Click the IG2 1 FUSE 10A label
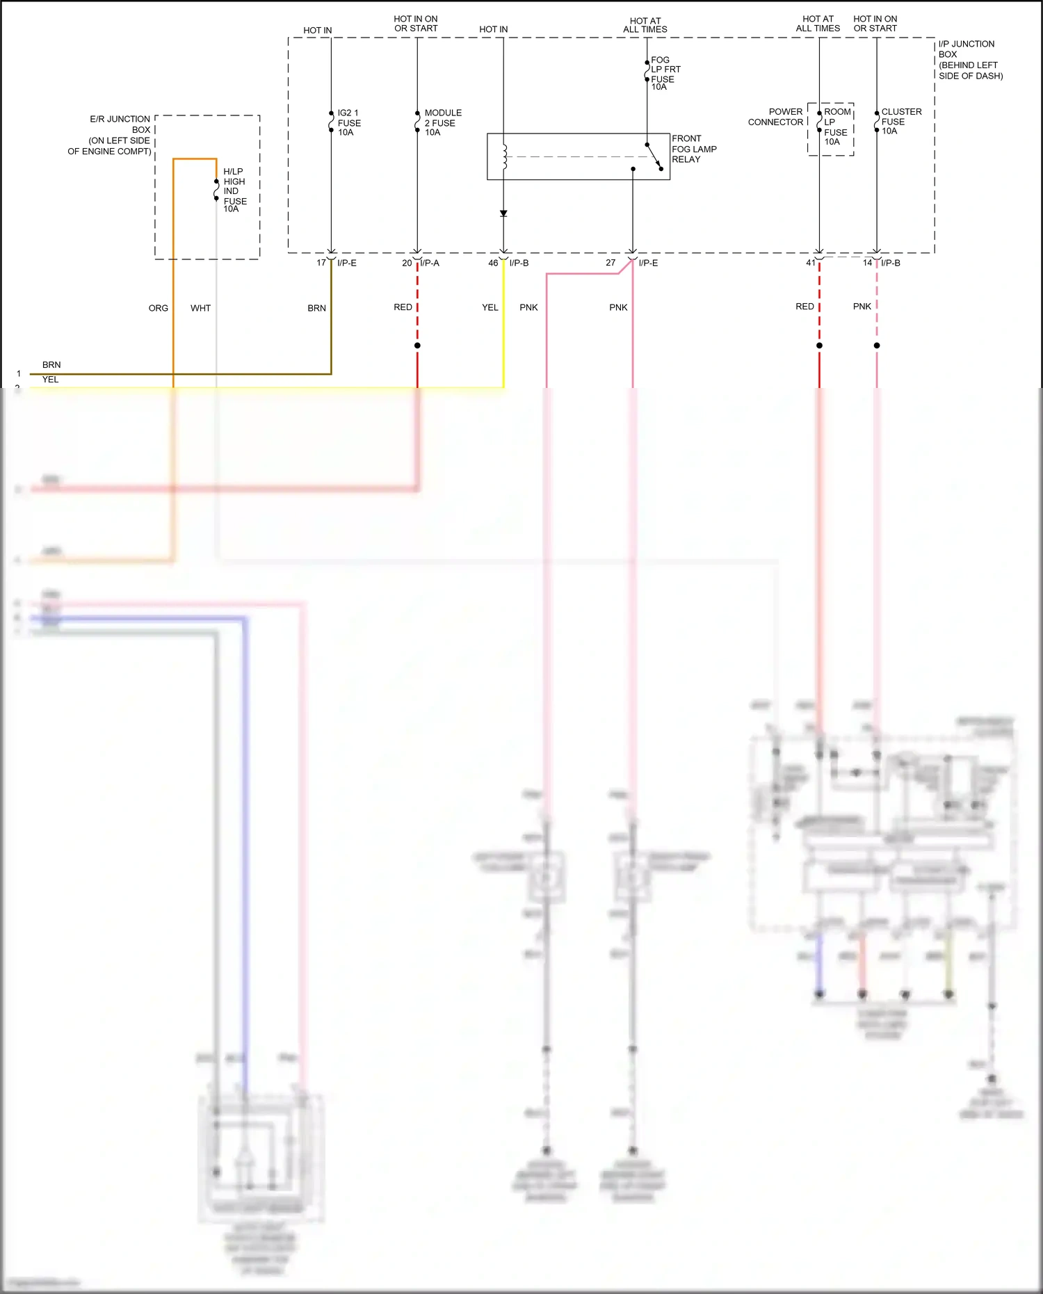348,122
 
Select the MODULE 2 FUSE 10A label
442,122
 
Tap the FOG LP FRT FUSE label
665,73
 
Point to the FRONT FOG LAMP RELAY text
693,149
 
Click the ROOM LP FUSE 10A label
836,127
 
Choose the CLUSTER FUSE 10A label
900,121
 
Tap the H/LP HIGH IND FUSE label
234,190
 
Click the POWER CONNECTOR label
775,117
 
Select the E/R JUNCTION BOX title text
111,135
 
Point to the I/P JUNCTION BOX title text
970,60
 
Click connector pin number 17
321,263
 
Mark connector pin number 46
493,263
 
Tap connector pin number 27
611,263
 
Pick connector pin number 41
811,263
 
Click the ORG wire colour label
159,308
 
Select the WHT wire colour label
200,308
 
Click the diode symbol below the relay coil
503,213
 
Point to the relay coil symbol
505,157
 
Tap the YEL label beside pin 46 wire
490,307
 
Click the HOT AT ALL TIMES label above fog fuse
645,25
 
